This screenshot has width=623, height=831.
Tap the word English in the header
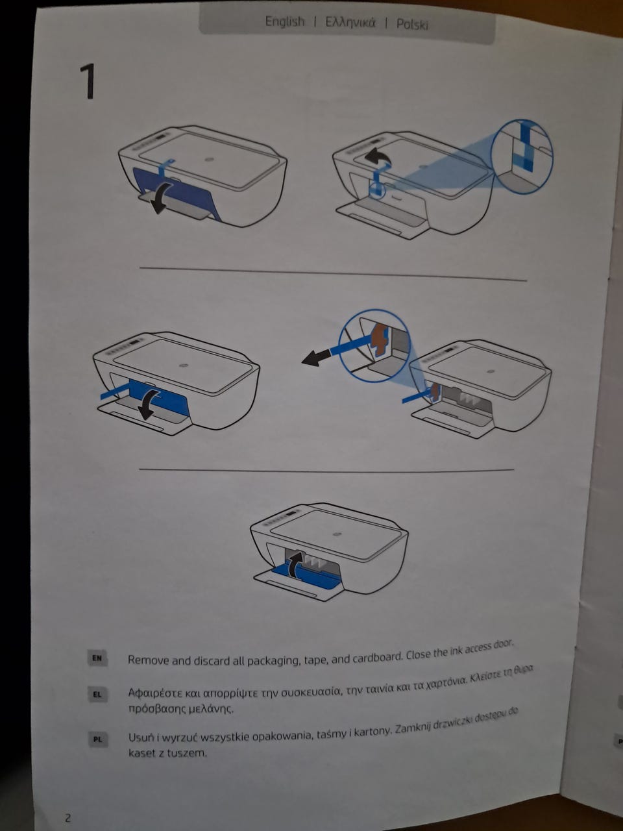(284, 21)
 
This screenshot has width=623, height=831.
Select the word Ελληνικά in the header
(350, 23)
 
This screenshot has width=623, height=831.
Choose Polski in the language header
(412, 25)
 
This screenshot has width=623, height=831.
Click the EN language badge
(97, 658)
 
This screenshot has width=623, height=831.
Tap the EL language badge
(97, 694)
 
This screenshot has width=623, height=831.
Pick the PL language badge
(98, 739)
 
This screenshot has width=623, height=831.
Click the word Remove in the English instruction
(148, 660)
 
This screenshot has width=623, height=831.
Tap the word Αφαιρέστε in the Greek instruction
(156, 693)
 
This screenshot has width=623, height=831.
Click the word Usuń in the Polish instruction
(141, 737)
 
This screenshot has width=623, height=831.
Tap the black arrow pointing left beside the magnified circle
(315, 358)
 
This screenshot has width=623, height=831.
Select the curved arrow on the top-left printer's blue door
(162, 197)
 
